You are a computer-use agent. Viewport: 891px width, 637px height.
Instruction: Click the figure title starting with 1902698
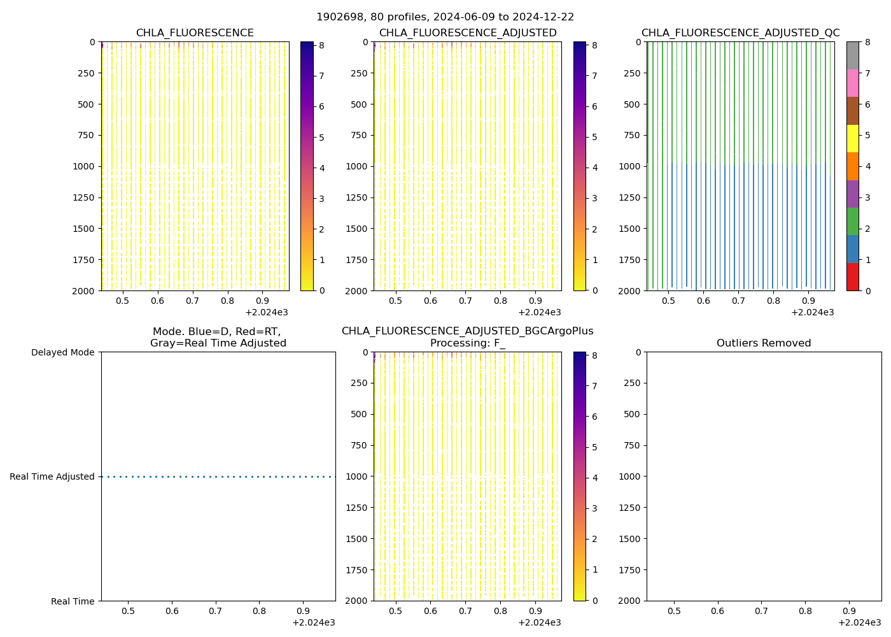(x=445, y=17)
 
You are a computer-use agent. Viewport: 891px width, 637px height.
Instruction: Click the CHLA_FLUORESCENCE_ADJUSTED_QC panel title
(x=740, y=33)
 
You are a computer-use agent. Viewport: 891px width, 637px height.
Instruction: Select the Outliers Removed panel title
(x=764, y=343)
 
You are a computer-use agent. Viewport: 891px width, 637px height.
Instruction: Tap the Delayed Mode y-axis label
(x=62, y=352)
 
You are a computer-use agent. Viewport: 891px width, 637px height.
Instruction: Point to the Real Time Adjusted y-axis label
(x=52, y=476)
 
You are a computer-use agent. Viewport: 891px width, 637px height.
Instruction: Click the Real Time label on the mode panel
(x=73, y=601)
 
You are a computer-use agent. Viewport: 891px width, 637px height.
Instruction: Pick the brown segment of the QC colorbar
(x=852, y=111)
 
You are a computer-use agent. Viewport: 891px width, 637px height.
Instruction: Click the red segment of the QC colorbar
(x=852, y=277)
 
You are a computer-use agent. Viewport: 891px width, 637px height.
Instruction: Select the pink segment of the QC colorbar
(x=852, y=83)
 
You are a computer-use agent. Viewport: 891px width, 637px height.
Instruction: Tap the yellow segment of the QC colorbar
(x=852, y=138)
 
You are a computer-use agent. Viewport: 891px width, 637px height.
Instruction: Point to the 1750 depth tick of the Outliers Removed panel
(x=631, y=569)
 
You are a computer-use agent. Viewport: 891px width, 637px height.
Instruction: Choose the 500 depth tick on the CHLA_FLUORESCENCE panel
(x=85, y=104)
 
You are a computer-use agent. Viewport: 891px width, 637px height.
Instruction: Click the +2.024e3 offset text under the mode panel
(x=313, y=623)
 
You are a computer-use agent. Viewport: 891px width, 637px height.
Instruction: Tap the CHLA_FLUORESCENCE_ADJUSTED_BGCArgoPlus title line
(x=467, y=331)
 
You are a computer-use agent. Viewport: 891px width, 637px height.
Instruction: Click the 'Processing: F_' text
(x=467, y=343)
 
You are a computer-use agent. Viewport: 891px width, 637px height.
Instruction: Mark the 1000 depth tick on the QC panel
(x=631, y=166)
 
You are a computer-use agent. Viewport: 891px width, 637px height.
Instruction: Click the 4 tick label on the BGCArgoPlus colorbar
(x=594, y=478)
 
